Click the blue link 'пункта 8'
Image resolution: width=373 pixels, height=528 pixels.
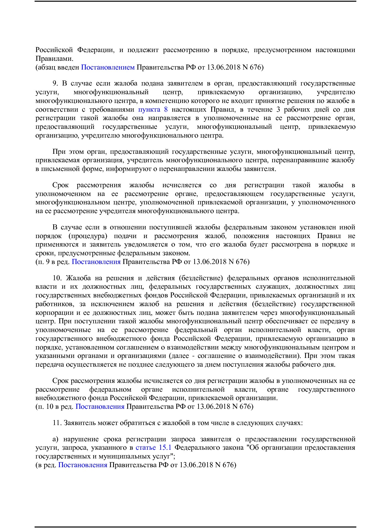click(x=153, y=110)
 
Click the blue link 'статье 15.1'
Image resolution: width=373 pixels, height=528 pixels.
click(x=153, y=448)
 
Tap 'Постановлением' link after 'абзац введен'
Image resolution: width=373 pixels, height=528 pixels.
click(x=108, y=67)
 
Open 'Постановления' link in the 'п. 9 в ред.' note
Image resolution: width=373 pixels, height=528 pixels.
click(x=96, y=262)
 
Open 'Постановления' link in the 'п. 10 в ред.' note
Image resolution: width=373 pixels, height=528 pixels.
click(x=100, y=407)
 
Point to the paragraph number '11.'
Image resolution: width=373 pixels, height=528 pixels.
click(x=57, y=423)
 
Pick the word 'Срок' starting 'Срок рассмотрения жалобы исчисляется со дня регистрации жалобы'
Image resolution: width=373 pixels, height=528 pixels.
click(x=60, y=381)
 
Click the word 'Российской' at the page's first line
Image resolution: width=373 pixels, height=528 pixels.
click(x=54, y=50)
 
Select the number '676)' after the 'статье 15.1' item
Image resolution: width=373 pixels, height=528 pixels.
click(x=229, y=465)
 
